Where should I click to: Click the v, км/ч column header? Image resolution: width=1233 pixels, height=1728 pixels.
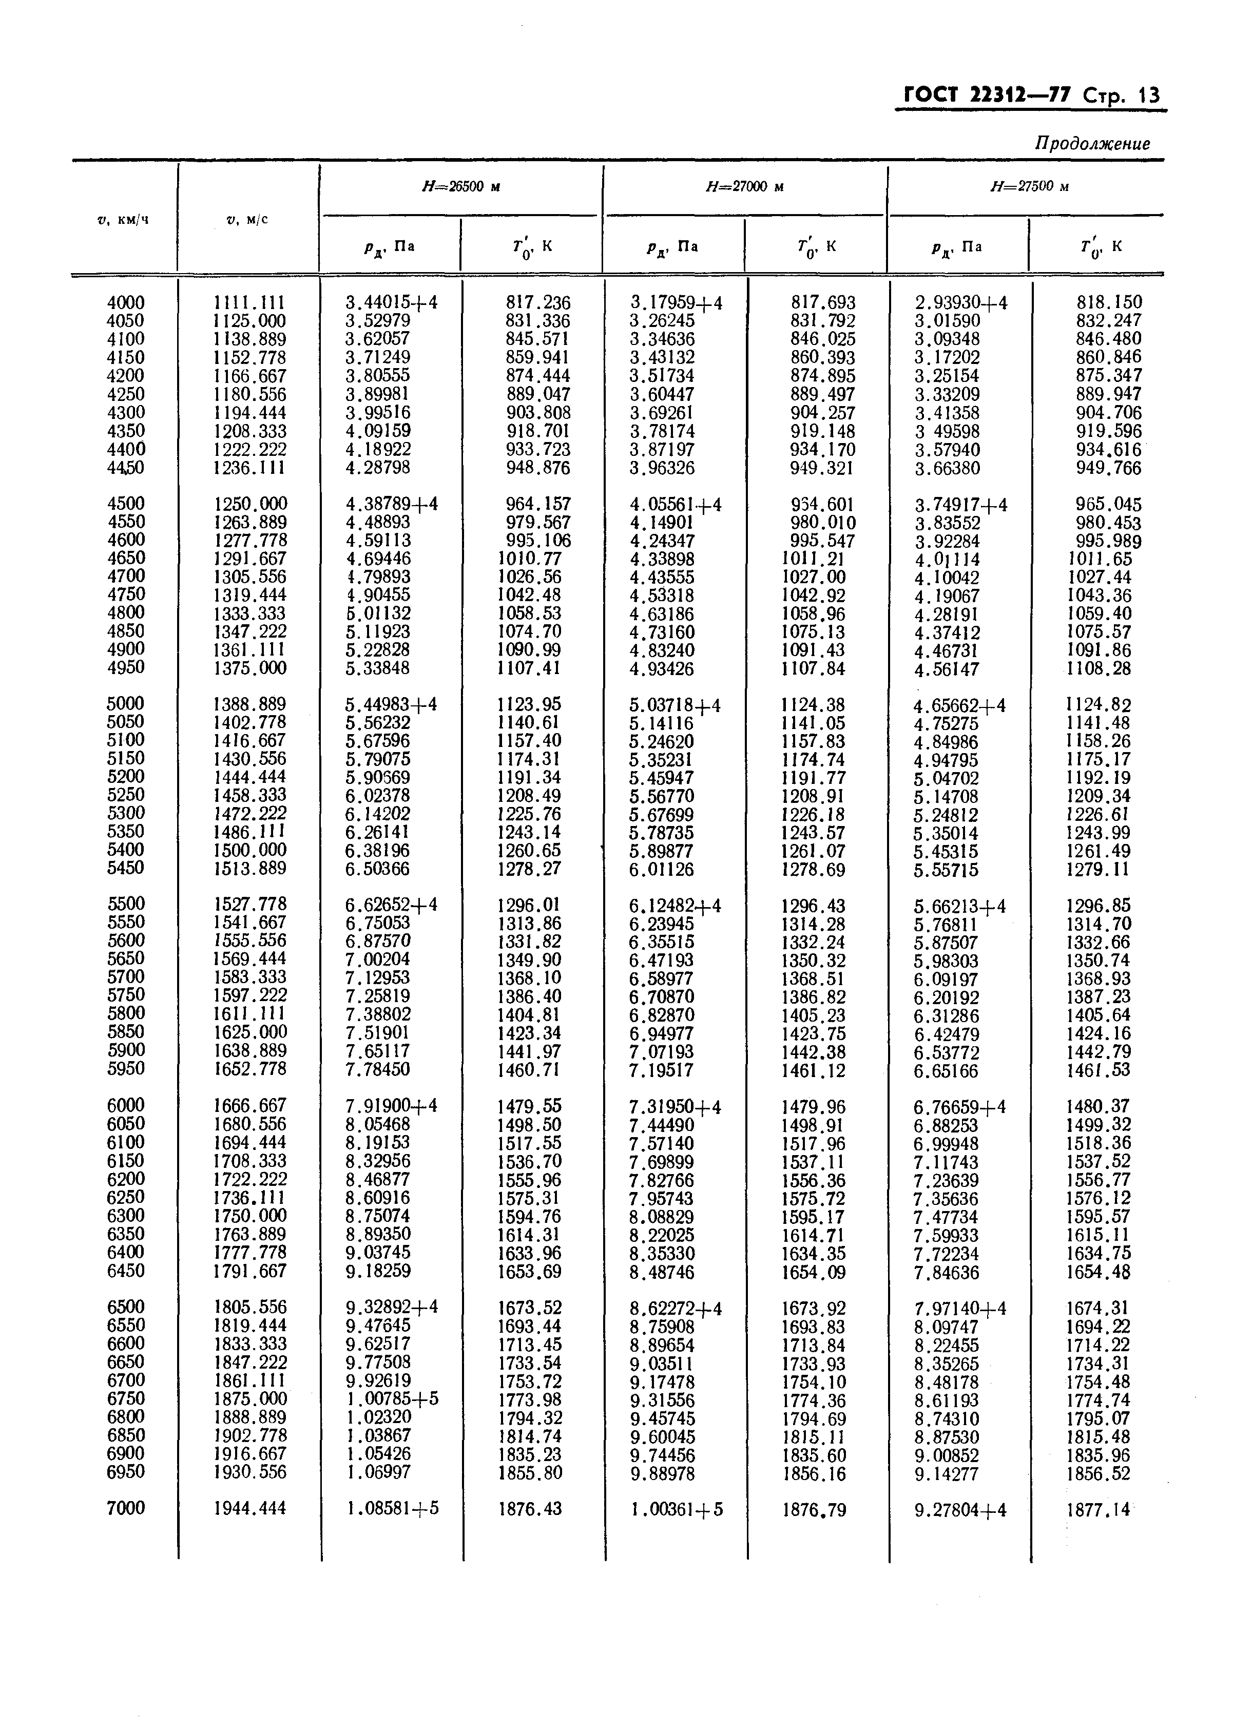point(123,220)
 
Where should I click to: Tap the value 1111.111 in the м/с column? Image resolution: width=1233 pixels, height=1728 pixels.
point(250,302)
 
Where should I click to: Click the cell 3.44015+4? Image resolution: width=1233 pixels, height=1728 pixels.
point(391,303)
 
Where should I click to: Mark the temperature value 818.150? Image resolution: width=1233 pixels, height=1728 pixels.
point(1108,302)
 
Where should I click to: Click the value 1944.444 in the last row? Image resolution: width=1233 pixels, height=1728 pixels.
point(250,1508)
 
